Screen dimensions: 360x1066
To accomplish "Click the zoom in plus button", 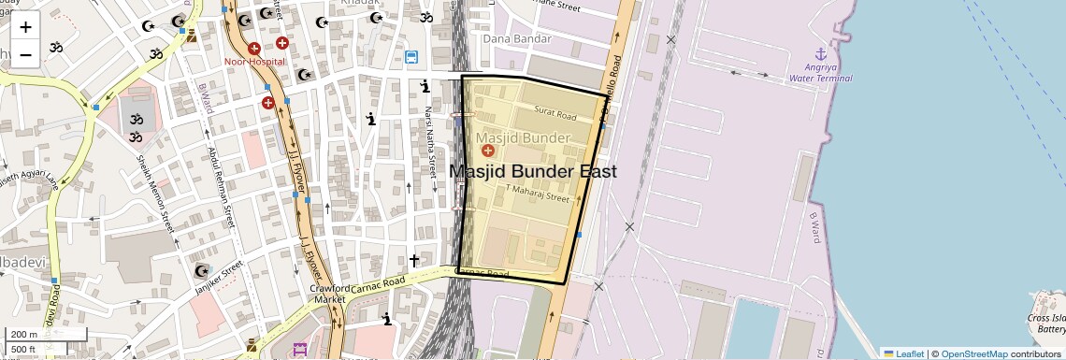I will [25, 27].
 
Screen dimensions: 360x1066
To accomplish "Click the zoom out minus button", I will [25, 54].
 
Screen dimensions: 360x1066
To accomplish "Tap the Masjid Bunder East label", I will [533, 172].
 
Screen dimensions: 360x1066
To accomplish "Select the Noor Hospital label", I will [253, 62].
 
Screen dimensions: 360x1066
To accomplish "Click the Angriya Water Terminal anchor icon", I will [821, 53].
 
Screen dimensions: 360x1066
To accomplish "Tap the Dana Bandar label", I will [516, 39].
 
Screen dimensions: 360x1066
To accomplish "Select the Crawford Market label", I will [328, 294].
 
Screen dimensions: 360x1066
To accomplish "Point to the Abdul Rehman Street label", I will [221, 187].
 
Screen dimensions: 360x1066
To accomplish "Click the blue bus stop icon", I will [411, 58].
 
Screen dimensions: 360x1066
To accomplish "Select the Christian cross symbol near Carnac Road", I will [414, 260].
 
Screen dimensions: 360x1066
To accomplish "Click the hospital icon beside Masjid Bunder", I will [486, 151].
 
